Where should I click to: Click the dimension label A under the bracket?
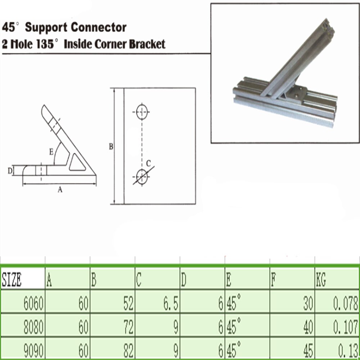coord(60,190)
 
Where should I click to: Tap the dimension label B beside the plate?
coord(111,147)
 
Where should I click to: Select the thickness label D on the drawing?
coord(10,170)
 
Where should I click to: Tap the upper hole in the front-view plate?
coord(142,112)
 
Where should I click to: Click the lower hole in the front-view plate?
coord(142,176)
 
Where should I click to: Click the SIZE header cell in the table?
coord(12,280)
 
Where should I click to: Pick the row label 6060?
coord(33,305)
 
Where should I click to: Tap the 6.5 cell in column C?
coord(170,305)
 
